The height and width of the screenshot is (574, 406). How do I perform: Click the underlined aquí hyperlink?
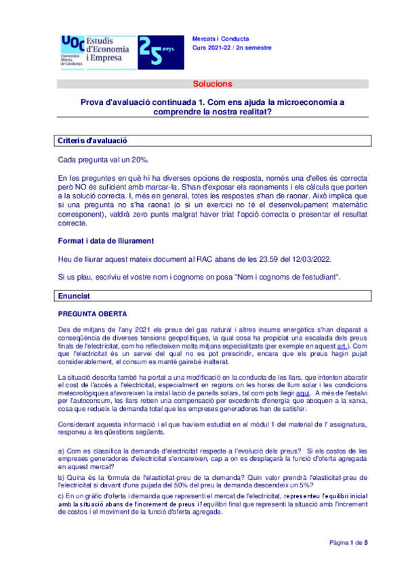[304, 394]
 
